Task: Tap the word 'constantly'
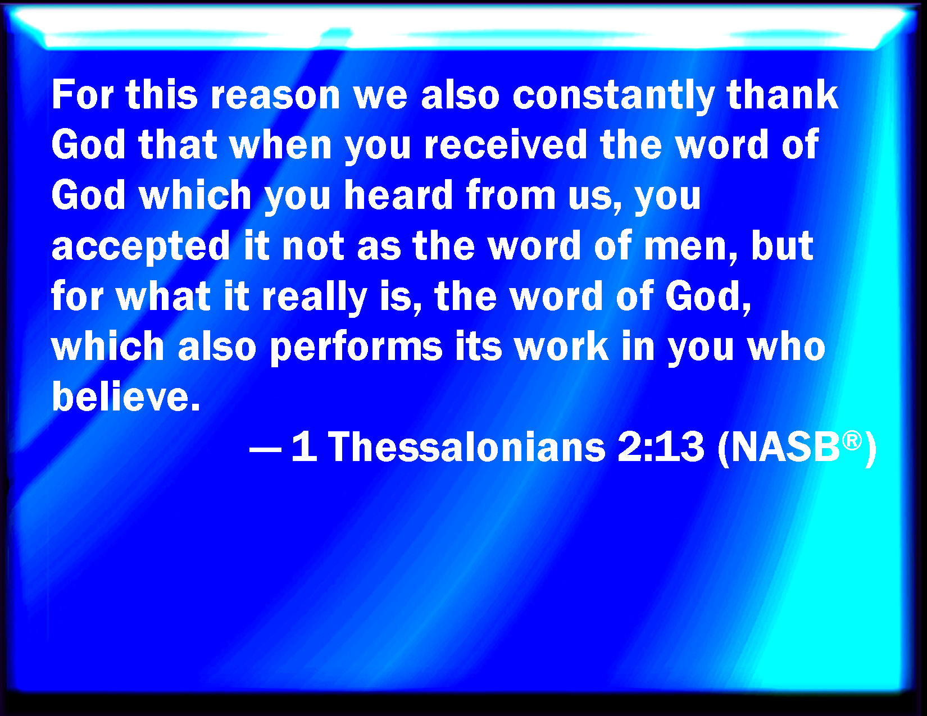click(613, 95)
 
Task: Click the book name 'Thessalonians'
click(467, 448)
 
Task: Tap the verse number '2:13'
click(660, 448)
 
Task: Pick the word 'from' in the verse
click(511, 195)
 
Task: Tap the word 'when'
click(281, 145)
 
